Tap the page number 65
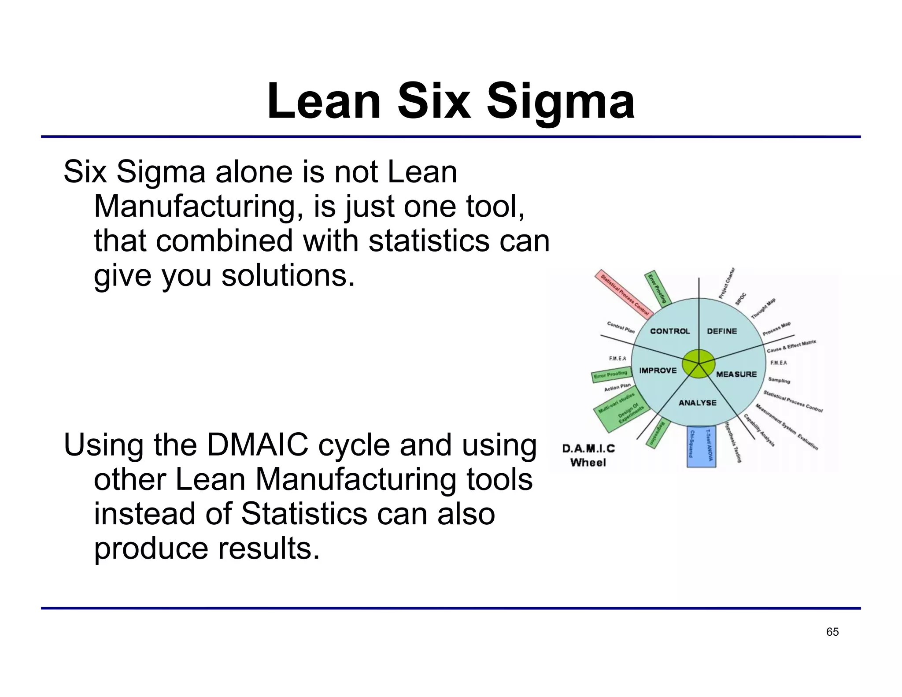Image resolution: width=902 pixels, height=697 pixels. pos(832,632)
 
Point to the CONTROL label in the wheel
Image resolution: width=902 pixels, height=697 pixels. pos(670,331)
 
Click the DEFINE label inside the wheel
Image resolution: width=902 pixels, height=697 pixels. pos(722,331)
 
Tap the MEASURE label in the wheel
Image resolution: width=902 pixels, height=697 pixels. pos(736,374)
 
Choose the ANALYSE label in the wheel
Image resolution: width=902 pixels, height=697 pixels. pos(698,403)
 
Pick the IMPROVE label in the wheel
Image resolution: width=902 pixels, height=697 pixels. pos(658,371)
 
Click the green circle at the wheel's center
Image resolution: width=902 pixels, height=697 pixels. pos(699,363)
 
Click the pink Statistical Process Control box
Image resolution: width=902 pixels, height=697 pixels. pos(622,294)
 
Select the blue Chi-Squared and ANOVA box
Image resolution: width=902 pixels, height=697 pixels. pos(702,446)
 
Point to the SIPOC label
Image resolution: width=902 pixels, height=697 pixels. pos(741,299)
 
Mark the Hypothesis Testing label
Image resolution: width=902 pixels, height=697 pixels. pos(733,442)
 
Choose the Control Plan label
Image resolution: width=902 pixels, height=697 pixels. pos(621,327)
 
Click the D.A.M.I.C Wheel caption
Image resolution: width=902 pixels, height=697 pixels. pos(588,456)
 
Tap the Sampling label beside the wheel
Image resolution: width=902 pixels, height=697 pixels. pos(779,380)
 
